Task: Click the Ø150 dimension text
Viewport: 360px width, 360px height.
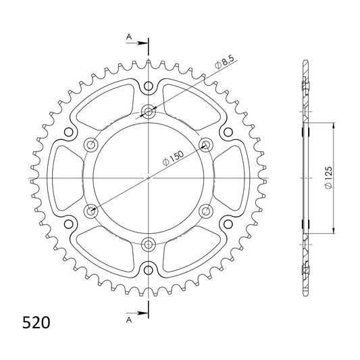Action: coord(173,158)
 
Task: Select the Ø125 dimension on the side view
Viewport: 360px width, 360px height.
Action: coord(328,178)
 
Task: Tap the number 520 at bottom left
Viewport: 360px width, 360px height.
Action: coord(36,323)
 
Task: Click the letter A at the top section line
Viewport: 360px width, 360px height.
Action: coord(129,36)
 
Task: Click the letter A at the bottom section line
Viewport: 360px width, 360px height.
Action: coord(129,320)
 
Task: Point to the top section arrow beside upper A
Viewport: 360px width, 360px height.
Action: coord(136,43)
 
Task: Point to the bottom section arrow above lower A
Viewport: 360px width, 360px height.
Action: coord(136,313)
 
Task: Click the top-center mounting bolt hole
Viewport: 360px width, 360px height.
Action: coord(149,112)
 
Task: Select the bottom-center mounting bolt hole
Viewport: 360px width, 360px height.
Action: coord(149,244)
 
